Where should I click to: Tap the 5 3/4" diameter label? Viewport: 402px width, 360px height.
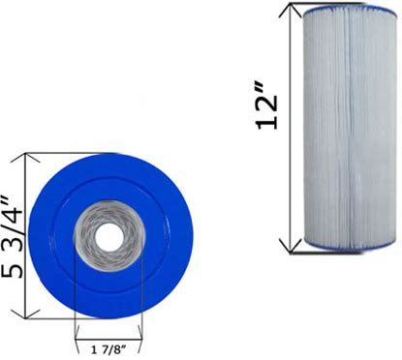pyautogui.click(x=13, y=237)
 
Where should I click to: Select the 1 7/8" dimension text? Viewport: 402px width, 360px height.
pyautogui.click(x=108, y=349)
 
